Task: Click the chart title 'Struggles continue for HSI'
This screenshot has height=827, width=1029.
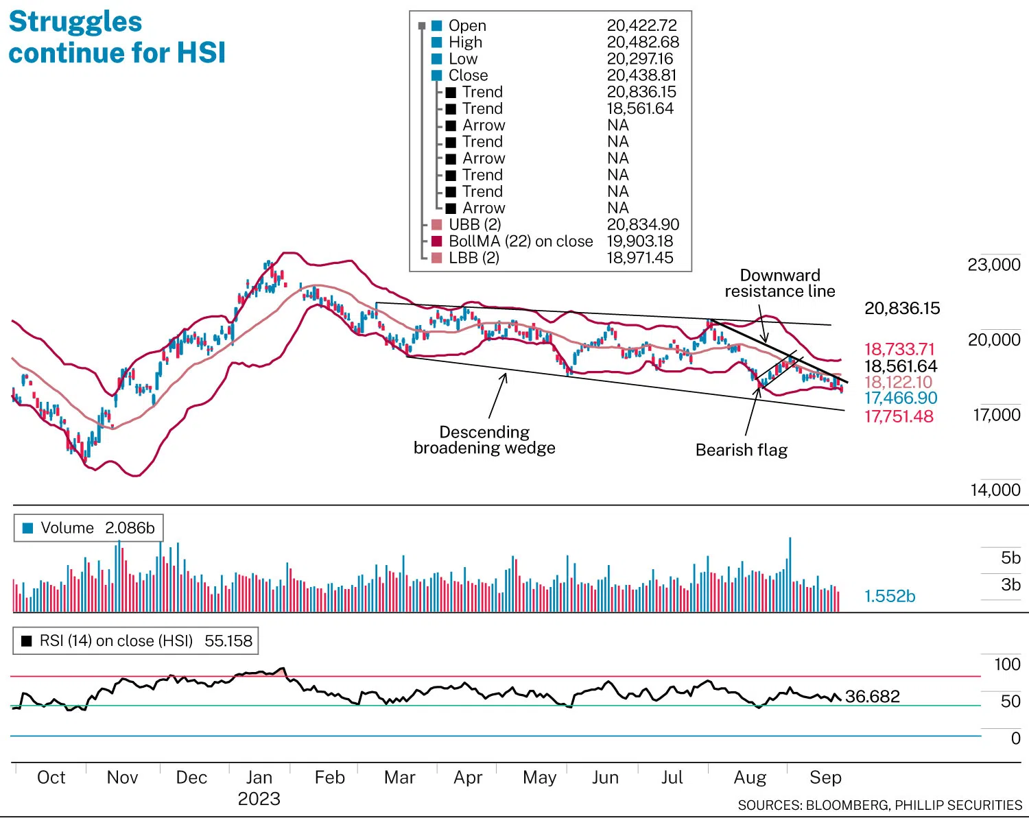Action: click(117, 37)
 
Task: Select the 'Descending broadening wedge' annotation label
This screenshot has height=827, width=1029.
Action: click(484, 440)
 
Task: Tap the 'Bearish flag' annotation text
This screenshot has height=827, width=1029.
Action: click(741, 450)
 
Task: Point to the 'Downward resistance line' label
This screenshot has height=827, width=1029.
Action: click(780, 283)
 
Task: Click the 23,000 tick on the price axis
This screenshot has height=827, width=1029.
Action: click(993, 265)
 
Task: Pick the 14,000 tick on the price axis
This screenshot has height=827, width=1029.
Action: click(995, 490)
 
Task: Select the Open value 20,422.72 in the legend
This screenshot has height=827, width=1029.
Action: click(641, 25)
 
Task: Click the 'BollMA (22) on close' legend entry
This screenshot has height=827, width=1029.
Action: click(520, 241)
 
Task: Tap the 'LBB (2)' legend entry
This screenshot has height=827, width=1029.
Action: click(473, 258)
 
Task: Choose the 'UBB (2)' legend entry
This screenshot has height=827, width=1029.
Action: click(475, 225)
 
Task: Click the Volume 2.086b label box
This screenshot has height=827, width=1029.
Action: click(89, 528)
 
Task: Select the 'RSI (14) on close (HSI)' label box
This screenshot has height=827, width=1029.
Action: click(137, 641)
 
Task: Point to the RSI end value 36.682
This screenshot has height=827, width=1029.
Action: click(872, 697)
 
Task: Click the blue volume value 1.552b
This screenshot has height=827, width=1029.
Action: click(889, 596)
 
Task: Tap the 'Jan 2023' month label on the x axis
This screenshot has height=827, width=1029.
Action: click(259, 787)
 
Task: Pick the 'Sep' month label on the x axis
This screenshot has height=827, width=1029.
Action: click(825, 778)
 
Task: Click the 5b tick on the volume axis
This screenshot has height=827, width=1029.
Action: click(1010, 558)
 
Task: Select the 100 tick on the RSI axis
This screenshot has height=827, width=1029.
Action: click(1006, 664)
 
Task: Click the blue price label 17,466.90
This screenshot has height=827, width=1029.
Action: click(900, 398)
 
